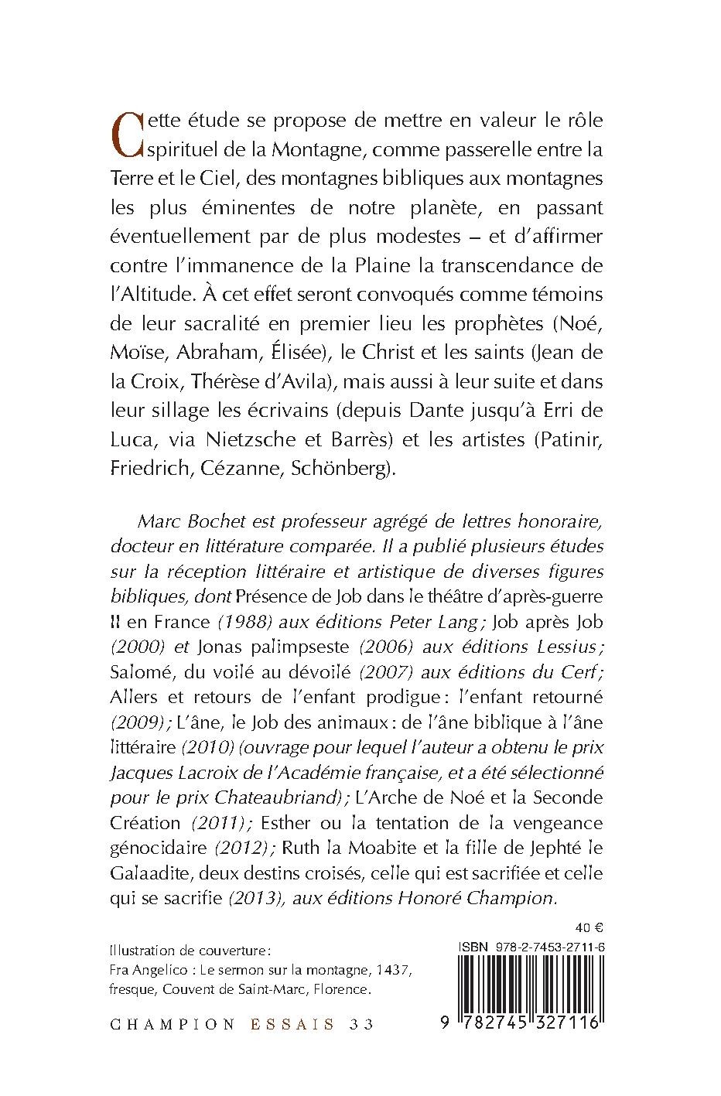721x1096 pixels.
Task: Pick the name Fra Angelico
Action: pyautogui.click(x=144, y=970)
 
